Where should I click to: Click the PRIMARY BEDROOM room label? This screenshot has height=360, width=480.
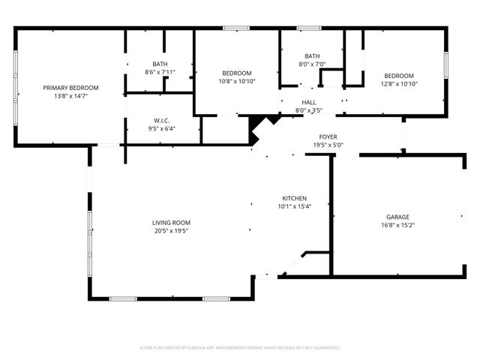pyautogui.click(x=70, y=88)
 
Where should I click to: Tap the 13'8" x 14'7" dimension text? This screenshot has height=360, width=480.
pyautogui.click(x=70, y=96)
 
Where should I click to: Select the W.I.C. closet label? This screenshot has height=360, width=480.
pyautogui.click(x=161, y=120)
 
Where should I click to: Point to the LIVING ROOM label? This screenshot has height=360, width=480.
pyautogui.click(x=171, y=223)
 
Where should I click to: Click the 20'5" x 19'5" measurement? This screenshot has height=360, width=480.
pyautogui.click(x=171, y=231)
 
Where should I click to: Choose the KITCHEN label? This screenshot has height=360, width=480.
pyautogui.click(x=294, y=198)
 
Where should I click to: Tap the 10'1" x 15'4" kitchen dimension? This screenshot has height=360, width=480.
pyautogui.click(x=294, y=206)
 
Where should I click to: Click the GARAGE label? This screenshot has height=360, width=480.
pyautogui.click(x=398, y=216)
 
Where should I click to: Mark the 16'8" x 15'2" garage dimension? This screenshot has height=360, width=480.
pyautogui.click(x=398, y=224)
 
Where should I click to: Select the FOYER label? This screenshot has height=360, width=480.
pyautogui.click(x=328, y=136)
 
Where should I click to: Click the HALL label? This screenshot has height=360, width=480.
pyautogui.click(x=309, y=102)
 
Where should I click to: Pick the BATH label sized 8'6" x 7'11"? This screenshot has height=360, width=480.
pyautogui.click(x=159, y=64)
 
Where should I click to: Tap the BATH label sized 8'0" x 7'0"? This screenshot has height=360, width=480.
pyautogui.click(x=312, y=56)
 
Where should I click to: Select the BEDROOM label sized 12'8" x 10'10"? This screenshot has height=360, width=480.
pyautogui.click(x=399, y=75)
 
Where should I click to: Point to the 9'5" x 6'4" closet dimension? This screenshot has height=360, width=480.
pyautogui.click(x=161, y=128)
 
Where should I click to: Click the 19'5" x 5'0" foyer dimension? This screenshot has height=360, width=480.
pyautogui.click(x=328, y=145)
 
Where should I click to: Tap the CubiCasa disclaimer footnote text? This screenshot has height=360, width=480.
pyautogui.click(x=240, y=348)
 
